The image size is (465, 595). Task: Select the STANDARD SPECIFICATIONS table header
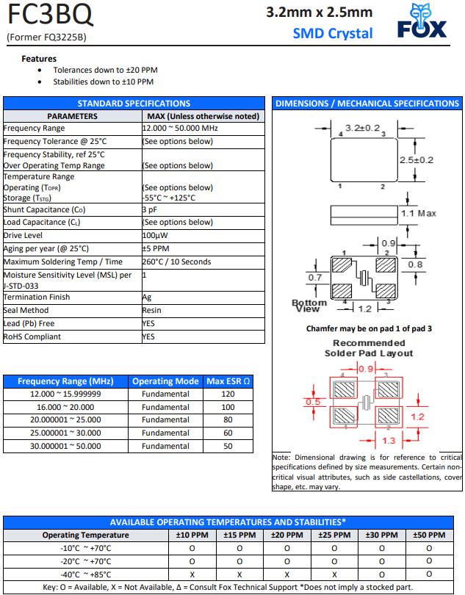[x=134, y=104]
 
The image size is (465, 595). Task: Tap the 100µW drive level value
[x=156, y=235]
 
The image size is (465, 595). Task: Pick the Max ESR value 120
[x=228, y=394]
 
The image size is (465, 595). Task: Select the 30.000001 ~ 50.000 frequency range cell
[x=66, y=446]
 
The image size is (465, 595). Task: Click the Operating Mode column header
[x=165, y=381]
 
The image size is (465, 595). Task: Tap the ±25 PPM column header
[x=334, y=535]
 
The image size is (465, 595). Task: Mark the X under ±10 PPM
[x=192, y=574]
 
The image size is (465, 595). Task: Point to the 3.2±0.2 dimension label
[x=361, y=129]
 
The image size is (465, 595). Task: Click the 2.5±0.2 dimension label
[x=416, y=159]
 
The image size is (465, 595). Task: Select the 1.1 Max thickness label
[x=418, y=213]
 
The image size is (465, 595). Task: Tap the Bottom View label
[x=309, y=306]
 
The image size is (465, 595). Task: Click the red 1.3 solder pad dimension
[x=389, y=440]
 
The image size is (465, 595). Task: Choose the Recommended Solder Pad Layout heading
[x=368, y=348]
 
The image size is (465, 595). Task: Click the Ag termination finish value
[x=146, y=297]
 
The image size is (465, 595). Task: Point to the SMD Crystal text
[x=333, y=32]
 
